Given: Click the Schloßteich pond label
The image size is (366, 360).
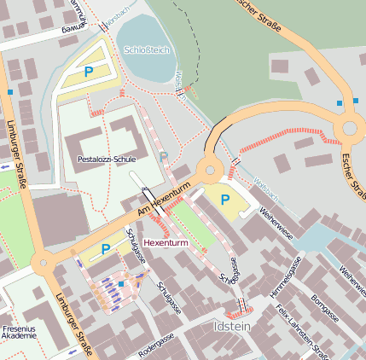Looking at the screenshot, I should [x=147, y=50].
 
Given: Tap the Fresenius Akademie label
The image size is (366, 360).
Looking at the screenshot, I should [x=19, y=330].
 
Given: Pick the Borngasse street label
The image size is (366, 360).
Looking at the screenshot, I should [x=325, y=306].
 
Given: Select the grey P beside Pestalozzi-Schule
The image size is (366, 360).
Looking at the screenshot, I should [x=164, y=157].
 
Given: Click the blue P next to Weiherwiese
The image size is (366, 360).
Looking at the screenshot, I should [x=225, y=200].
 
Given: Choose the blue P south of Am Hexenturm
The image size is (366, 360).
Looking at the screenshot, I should [x=106, y=249].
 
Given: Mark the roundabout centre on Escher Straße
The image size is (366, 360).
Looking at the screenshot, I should [x=351, y=129].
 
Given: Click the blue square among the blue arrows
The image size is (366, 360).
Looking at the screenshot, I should [x=121, y=283].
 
